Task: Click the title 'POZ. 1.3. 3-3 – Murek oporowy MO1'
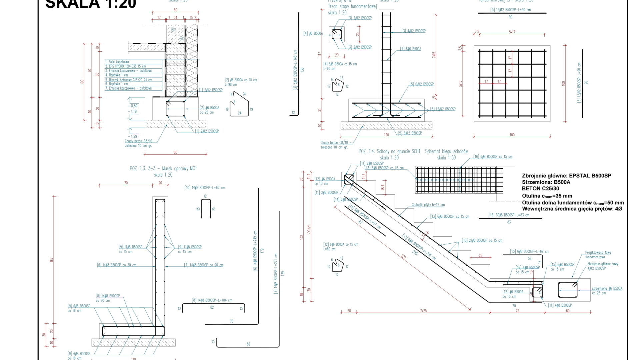pos(163,169)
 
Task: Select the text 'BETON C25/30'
pos(540,189)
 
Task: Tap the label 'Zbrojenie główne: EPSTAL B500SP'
pos(566,176)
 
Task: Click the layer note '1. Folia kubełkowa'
pos(117,62)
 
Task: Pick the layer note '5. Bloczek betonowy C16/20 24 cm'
pos(129,80)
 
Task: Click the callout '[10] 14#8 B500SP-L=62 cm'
pos(205,188)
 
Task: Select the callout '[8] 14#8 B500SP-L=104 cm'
pos(212,300)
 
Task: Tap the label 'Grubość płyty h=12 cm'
pos(428,205)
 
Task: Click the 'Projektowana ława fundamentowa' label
pos(598,255)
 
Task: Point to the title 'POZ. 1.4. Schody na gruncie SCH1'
pos(389,151)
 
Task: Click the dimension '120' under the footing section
pos(386,135)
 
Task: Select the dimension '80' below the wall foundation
pos(175,153)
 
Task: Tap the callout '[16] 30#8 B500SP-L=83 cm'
pos(509,215)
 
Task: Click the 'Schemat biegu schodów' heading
pos(446,151)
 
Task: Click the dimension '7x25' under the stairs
pos(423,311)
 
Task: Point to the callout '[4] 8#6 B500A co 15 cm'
pos(340,64)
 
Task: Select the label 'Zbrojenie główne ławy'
pos(603,264)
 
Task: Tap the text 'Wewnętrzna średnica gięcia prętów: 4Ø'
pos(572,209)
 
